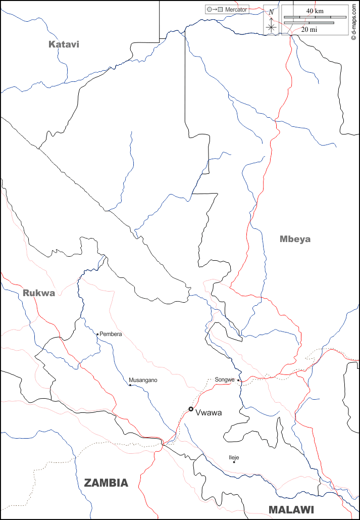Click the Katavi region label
(64, 44)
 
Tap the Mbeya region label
(295, 239)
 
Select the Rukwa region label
(38, 293)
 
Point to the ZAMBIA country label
(106, 483)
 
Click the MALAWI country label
(291, 509)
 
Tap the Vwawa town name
(209, 412)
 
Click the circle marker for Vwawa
(191, 409)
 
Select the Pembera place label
(111, 334)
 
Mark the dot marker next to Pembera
(97, 334)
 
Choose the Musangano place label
(143, 380)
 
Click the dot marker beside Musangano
(130, 385)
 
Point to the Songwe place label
(225, 380)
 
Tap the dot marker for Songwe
(239, 380)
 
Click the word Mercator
(236, 10)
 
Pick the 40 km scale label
(315, 11)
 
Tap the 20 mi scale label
(309, 29)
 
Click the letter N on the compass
(271, 12)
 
